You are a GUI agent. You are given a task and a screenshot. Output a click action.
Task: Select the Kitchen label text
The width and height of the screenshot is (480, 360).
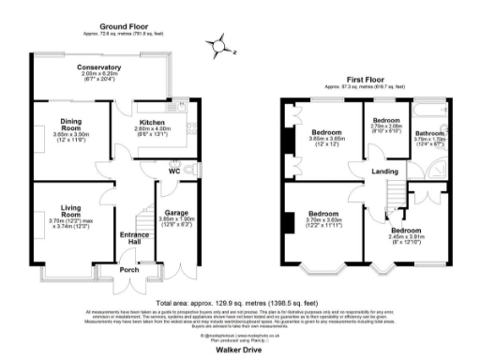point(153,122)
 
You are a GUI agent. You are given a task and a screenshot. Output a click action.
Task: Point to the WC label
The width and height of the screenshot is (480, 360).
point(174,171)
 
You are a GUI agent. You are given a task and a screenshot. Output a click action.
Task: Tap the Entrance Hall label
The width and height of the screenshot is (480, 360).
point(128,239)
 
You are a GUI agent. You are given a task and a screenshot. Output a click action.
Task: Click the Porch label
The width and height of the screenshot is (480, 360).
point(128,271)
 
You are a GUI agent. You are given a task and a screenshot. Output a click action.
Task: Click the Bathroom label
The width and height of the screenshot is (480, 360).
point(430,133)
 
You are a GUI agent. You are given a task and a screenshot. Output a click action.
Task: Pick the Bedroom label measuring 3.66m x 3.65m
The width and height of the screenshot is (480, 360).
point(327,132)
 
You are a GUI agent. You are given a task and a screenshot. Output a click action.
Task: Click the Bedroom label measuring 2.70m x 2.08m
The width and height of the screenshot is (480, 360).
point(386,121)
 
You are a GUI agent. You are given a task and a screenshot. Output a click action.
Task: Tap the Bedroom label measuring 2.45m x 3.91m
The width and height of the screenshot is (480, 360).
point(406,230)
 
